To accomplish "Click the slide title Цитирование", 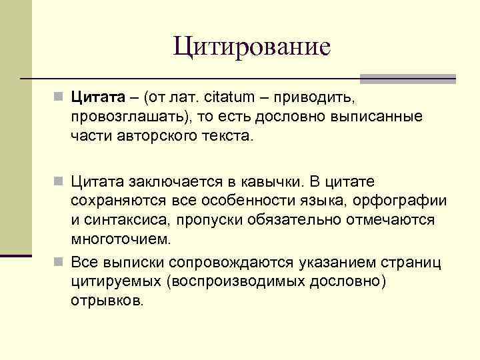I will click(251, 47).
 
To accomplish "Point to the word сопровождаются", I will click(227, 261).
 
